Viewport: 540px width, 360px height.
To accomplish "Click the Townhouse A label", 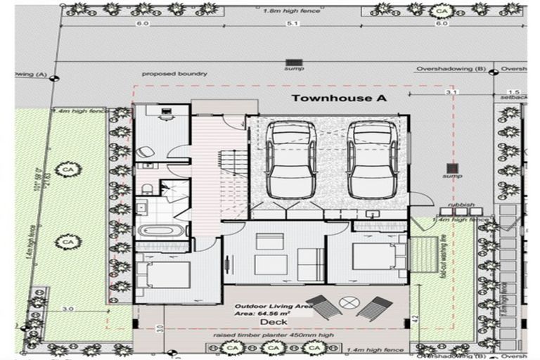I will pyautogui.click(x=339, y=98).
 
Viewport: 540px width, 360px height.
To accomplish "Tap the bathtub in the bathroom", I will pyautogui.click(x=161, y=231).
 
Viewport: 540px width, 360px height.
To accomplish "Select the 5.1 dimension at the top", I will pyautogui.click(x=293, y=23).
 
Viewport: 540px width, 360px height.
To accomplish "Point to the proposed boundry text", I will pyautogui.click(x=174, y=73).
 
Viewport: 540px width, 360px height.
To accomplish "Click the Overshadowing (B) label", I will pyautogui.click(x=451, y=69).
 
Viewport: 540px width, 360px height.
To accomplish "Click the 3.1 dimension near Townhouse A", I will pyautogui.click(x=451, y=92).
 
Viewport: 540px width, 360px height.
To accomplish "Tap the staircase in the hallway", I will pyautogui.click(x=232, y=176).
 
